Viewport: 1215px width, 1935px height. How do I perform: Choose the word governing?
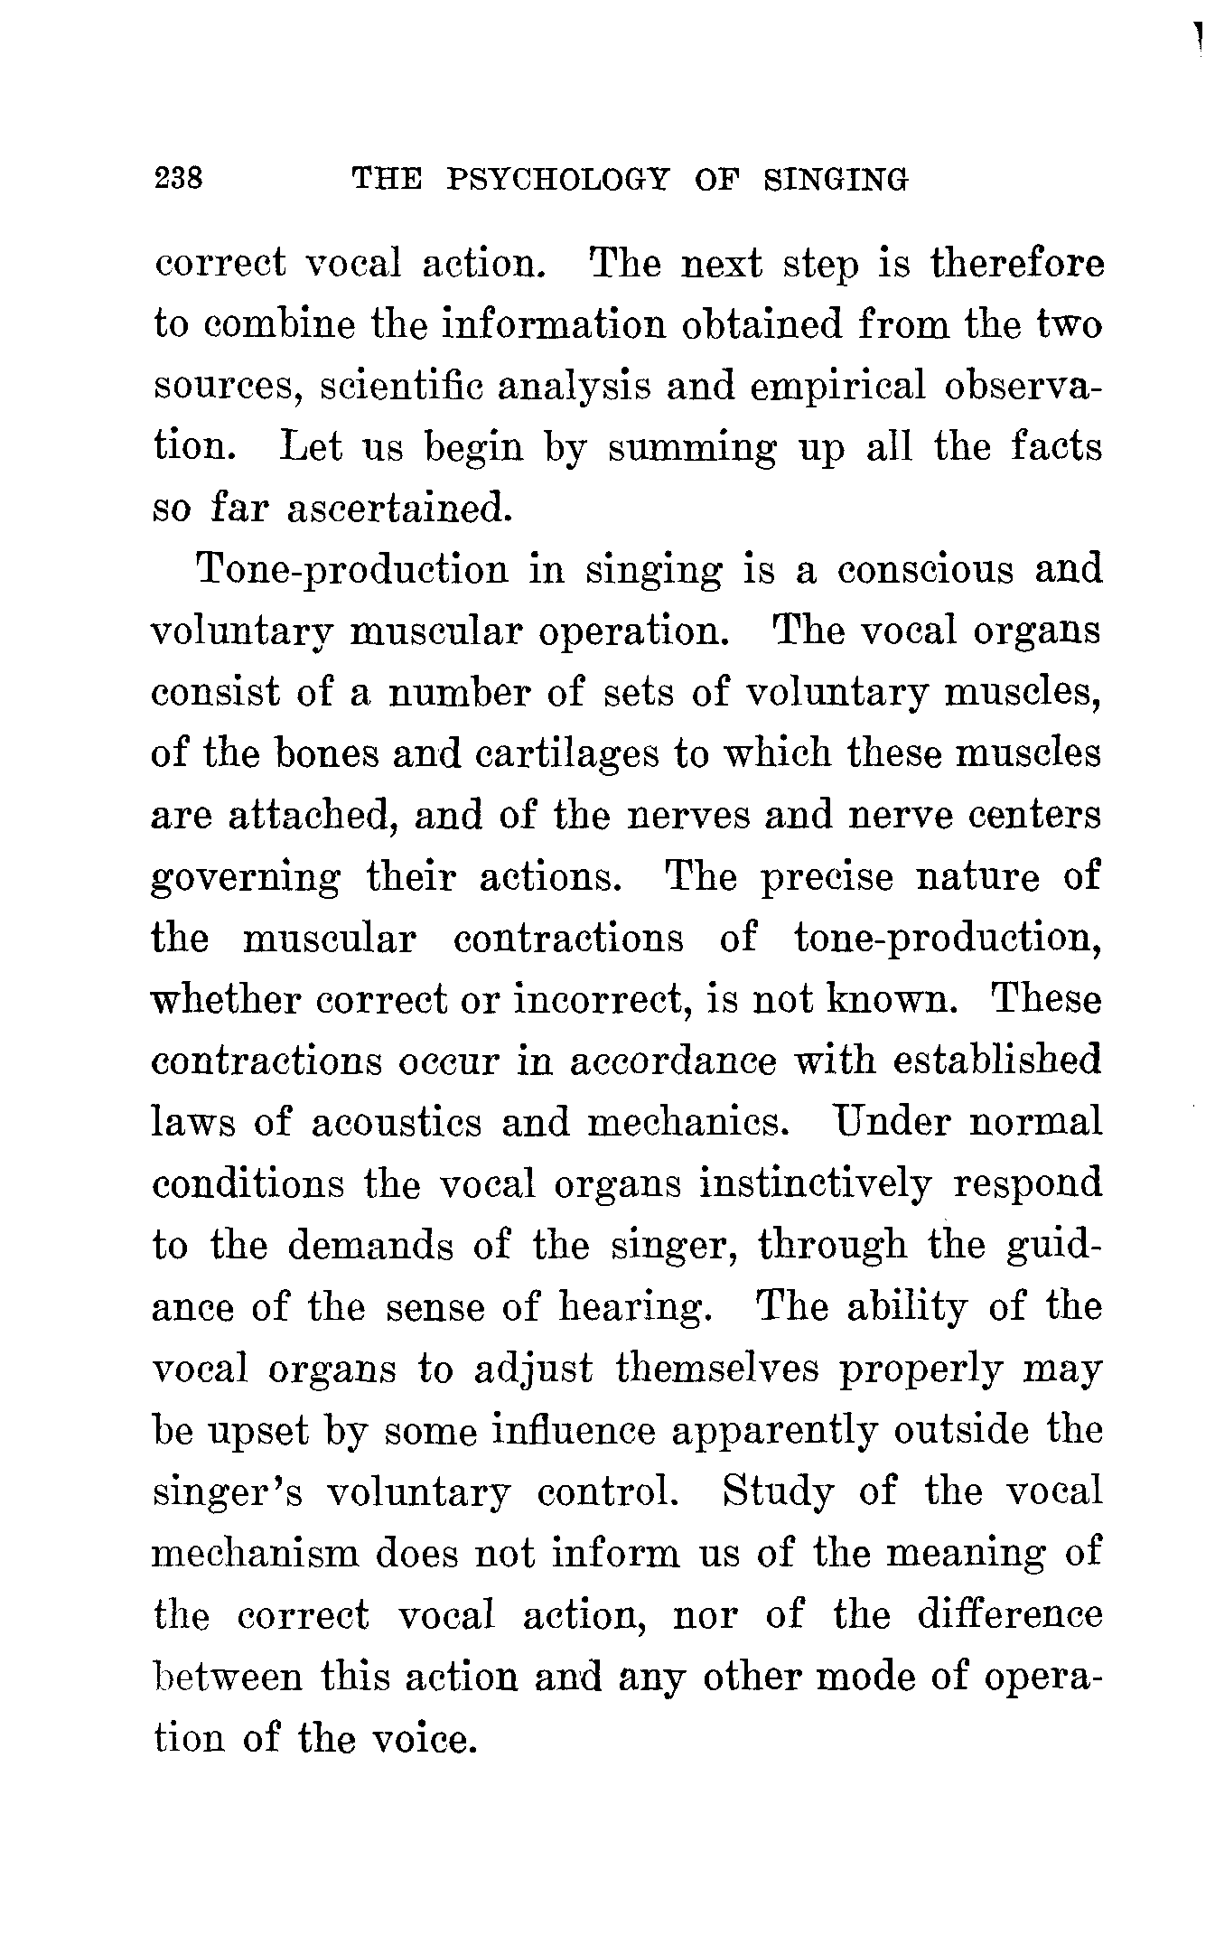pos(246,878)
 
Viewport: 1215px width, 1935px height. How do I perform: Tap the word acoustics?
pos(395,1122)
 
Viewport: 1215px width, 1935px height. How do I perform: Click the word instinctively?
pos(814,1183)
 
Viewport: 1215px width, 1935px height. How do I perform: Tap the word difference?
pos(1009,1614)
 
